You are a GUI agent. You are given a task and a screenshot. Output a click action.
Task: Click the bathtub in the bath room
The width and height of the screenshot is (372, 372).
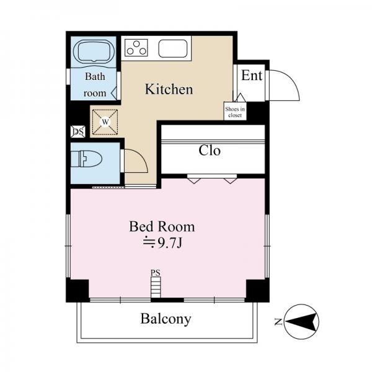tap(94, 52)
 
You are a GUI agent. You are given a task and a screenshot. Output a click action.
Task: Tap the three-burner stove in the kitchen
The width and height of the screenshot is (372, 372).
tap(136, 48)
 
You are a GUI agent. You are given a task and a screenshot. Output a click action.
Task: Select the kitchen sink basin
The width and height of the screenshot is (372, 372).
tap(173, 48)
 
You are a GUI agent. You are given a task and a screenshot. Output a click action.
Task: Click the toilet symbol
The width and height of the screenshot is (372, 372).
tap(86, 159)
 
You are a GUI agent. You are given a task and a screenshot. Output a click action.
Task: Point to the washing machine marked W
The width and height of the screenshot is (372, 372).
tap(105, 122)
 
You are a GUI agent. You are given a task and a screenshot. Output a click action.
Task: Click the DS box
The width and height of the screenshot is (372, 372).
tap(78, 131)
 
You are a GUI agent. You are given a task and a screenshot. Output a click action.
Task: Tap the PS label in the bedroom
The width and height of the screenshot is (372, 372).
tap(156, 273)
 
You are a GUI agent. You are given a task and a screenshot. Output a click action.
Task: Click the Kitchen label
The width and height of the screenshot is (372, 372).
tap(169, 89)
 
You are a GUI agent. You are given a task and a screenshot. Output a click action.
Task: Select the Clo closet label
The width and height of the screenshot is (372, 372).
tap(210, 150)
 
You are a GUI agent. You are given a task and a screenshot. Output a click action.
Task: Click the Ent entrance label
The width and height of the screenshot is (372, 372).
tap(252, 76)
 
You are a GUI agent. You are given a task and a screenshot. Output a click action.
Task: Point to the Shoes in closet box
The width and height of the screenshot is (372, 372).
tap(235, 111)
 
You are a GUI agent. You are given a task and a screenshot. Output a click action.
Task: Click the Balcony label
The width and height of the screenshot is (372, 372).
tap(166, 319)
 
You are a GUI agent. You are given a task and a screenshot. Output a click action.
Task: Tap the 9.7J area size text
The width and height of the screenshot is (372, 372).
tap(162, 242)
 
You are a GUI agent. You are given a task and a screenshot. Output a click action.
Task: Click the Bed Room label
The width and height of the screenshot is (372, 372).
tap(162, 226)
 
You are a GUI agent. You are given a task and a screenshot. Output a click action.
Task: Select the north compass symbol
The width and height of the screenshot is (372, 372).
tap(301, 322)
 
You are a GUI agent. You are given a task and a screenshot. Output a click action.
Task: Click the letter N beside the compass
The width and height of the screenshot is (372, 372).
tap(278, 322)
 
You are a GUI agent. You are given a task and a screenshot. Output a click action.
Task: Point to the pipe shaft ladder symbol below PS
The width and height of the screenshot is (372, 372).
tap(156, 287)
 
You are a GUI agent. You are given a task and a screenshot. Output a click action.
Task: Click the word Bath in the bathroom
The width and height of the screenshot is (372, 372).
tap(95, 76)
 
